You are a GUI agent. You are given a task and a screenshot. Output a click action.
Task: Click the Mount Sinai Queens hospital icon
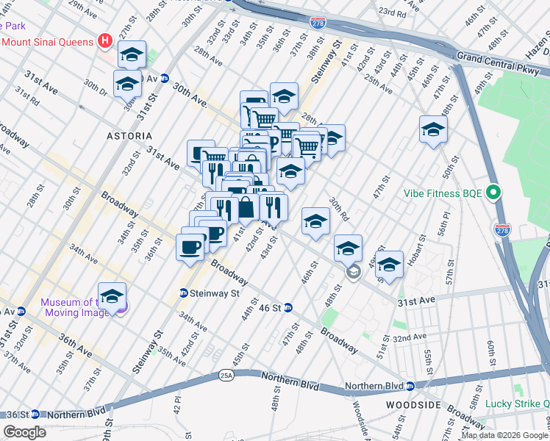coord(104,41)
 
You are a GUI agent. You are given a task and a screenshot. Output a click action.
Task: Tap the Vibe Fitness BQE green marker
coord(493,193)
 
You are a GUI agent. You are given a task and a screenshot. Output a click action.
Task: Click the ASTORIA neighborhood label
coord(129,136)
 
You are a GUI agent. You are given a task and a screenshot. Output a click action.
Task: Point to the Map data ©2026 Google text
coord(504,435)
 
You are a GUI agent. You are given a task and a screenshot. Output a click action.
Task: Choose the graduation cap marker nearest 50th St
coord(434,130)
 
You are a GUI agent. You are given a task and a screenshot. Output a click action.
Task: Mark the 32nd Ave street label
coord(410,338)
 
